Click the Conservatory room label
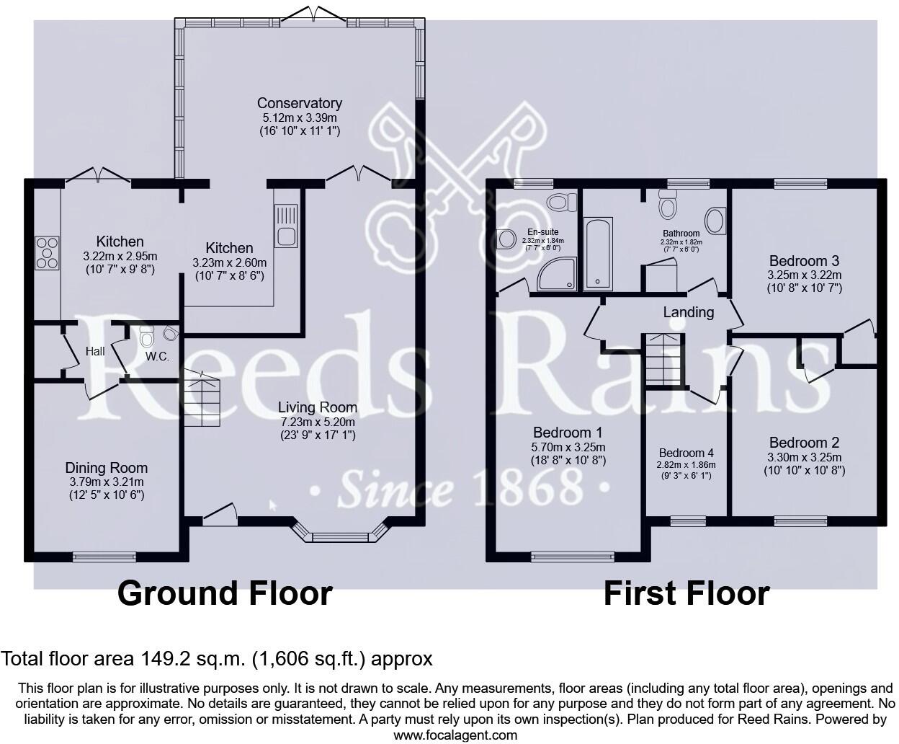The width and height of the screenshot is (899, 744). [299, 103]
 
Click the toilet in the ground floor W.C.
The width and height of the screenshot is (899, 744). [147, 336]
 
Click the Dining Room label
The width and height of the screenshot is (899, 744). [106, 468]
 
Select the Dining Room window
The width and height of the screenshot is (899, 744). [104, 556]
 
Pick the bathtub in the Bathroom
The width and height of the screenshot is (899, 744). [598, 254]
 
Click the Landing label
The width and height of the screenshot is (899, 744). [689, 312]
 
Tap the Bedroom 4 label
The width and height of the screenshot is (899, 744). [686, 453]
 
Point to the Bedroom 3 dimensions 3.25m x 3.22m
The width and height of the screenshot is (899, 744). [804, 275]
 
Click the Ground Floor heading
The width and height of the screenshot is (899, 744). [225, 593]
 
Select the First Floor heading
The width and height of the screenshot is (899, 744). [686, 593]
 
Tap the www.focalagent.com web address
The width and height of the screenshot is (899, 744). [455, 735]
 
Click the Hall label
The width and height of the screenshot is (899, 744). [95, 351]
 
